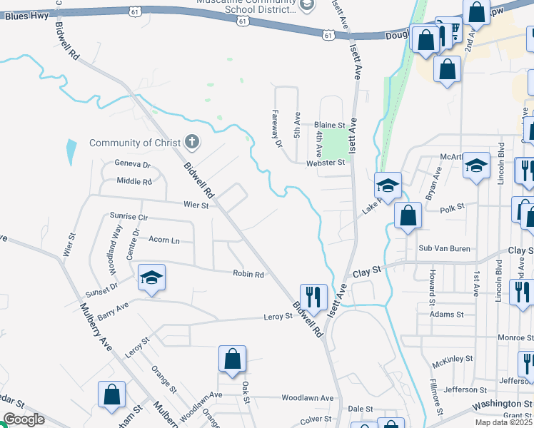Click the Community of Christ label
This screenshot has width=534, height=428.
(x=135, y=143)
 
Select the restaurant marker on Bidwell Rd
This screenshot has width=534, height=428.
(x=313, y=296)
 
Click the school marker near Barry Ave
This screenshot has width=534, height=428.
(x=151, y=277)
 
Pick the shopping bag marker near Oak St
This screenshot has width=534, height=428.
(x=233, y=359)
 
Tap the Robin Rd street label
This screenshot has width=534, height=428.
(x=248, y=274)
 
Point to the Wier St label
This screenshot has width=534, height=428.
(x=195, y=205)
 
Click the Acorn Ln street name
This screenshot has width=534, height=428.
(x=163, y=240)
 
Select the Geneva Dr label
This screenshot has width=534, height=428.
(x=133, y=164)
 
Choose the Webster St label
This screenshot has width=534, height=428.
(x=327, y=163)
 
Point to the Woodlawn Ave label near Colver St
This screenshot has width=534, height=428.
(x=308, y=398)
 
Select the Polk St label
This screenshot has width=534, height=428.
(x=453, y=208)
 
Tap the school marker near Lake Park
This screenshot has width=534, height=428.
(x=387, y=185)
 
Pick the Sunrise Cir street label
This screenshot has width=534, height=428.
(x=129, y=216)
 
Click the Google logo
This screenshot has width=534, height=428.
(x=24, y=420)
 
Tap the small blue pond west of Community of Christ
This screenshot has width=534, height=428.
(x=70, y=152)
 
